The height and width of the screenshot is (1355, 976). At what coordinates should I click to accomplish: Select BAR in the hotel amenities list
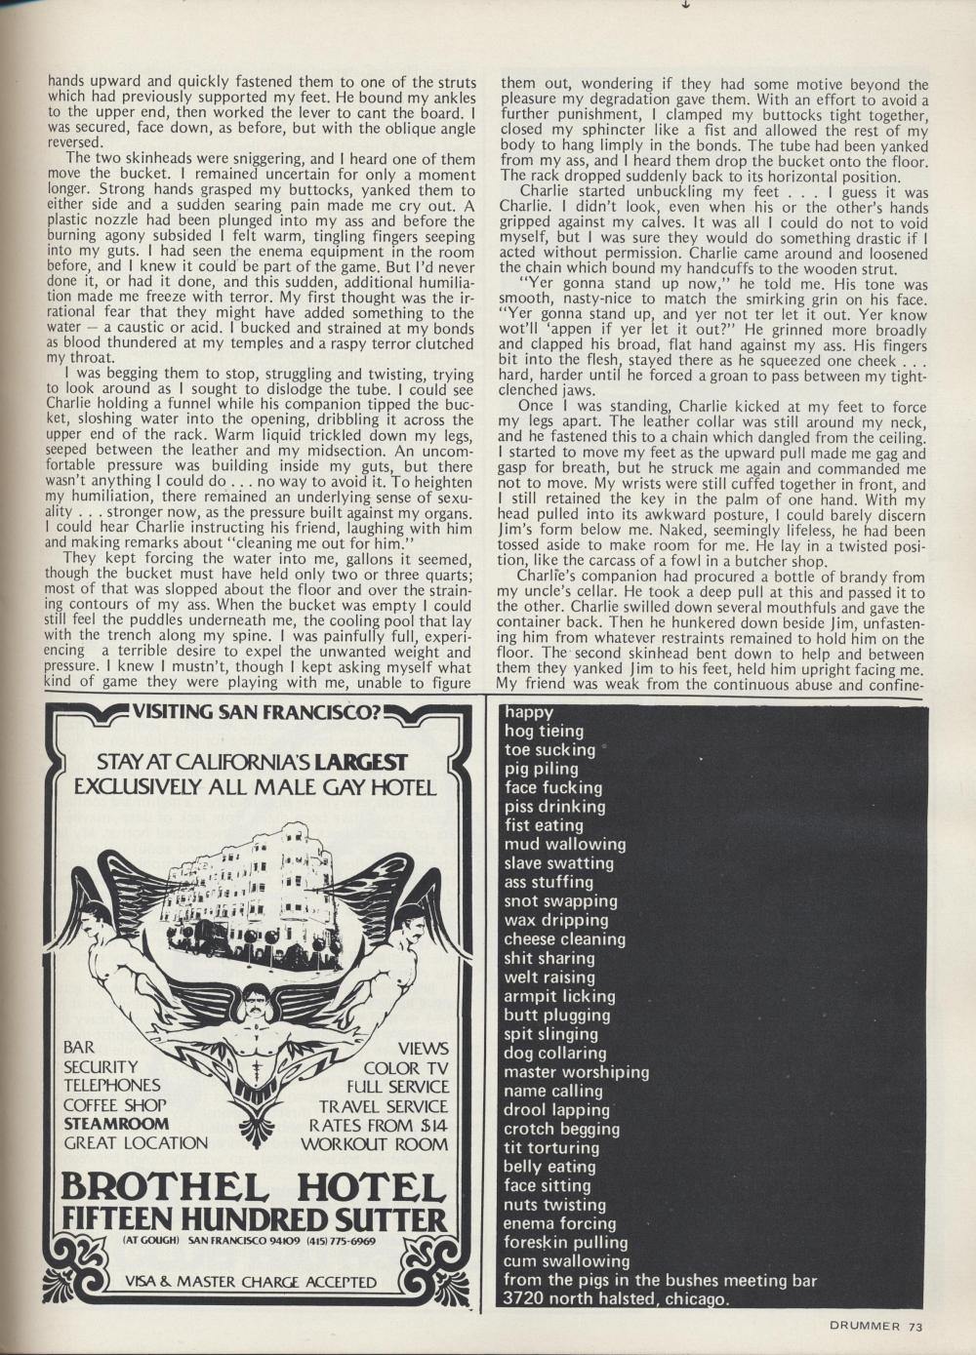click(79, 1048)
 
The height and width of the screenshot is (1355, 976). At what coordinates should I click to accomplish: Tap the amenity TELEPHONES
click(112, 1085)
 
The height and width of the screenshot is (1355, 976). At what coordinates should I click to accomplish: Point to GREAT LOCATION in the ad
click(136, 1142)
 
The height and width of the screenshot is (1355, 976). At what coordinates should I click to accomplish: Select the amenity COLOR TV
click(405, 1066)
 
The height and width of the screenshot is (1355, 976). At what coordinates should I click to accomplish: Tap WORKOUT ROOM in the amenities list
click(387, 1142)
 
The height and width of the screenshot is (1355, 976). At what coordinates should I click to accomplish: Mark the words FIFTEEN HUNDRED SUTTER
click(257, 1219)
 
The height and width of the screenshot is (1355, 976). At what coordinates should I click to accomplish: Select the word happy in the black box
click(529, 712)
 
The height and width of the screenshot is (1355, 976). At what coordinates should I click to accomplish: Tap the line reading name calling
click(553, 1091)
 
